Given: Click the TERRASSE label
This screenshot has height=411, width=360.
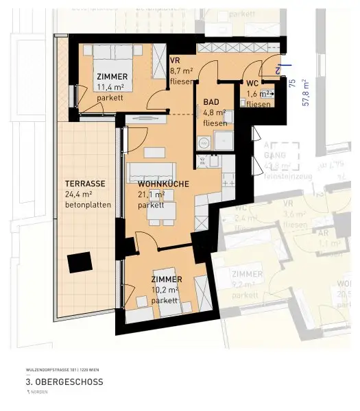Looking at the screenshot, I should (x=85, y=184).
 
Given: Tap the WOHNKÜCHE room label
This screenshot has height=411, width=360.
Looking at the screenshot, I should (x=163, y=184).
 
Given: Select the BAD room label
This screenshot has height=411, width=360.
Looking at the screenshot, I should (x=211, y=103).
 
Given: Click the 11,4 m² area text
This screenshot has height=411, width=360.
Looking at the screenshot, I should (x=110, y=87).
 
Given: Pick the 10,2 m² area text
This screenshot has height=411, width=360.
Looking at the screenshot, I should (x=165, y=290).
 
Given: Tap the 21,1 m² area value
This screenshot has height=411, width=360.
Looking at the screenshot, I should (x=151, y=195).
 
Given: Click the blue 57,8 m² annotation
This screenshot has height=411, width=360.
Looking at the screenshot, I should (x=306, y=92).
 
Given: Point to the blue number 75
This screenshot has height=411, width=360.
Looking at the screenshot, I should (x=292, y=84).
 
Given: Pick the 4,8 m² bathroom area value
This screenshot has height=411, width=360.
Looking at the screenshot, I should (x=214, y=113).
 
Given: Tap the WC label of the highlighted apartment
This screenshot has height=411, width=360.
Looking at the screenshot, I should (x=252, y=84).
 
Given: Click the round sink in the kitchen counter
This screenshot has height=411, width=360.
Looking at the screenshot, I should (x=202, y=144).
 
